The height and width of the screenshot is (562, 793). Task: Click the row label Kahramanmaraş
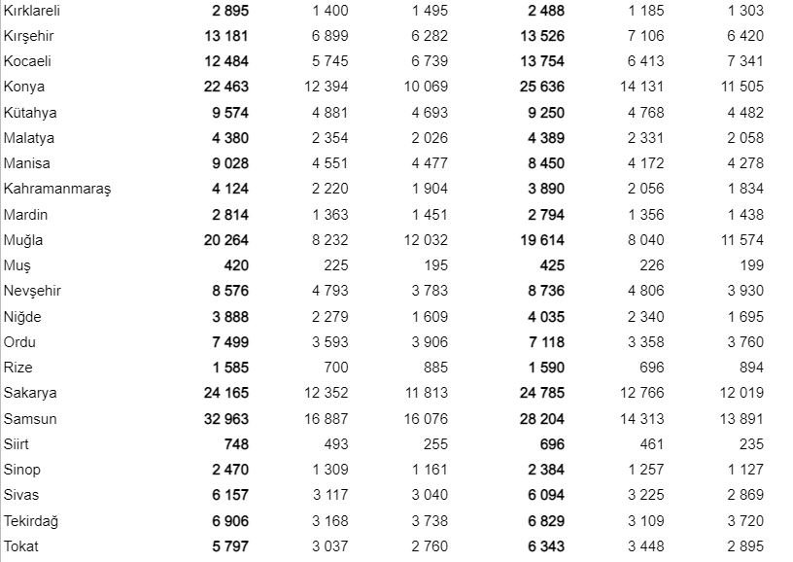click(57, 189)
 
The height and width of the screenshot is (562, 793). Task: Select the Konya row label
click(24, 87)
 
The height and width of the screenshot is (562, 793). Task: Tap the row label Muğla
click(23, 240)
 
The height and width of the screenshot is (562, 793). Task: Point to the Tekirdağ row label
click(31, 521)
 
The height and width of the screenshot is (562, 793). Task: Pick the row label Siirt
click(17, 444)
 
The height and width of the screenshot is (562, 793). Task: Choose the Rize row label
click(17, 368)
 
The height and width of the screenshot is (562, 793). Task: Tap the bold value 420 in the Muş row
click(235, 265)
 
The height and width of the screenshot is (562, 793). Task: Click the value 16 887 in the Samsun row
click(325, 419)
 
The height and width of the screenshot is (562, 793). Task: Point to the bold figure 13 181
click(226, 36)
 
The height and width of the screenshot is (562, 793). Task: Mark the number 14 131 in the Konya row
click(642, 87)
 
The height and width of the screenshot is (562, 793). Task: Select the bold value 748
click(235, 444)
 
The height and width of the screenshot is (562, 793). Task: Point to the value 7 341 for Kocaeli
click(744, 61)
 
